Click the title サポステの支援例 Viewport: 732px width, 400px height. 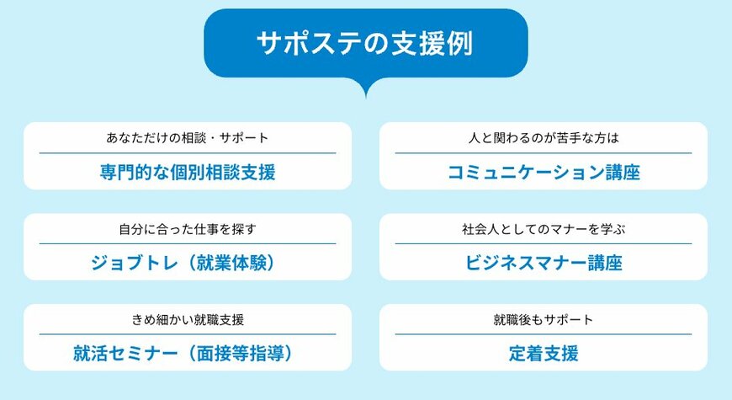tap(366, 43)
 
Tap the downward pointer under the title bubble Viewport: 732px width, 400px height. tap(366, 88)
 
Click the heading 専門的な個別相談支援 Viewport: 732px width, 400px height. tap(188, 173)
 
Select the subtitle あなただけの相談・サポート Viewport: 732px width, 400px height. tap(188, 136)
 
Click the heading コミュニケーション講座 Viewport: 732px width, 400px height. tap(544, 173)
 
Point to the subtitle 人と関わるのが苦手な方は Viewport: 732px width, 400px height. tap(544, 136)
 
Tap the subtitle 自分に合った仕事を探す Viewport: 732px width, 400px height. tap(188, 228)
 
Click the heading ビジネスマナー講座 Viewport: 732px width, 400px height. tap(544, 263)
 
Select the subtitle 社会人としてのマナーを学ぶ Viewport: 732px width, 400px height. tap(544, 228)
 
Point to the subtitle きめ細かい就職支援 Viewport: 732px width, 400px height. tap(188, 319)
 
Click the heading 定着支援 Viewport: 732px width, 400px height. tap(544, 354)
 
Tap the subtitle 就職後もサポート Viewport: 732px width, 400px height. tap(544, 319)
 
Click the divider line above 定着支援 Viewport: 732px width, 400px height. tap(544, 334)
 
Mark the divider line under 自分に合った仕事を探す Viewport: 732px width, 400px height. tap(188, 243)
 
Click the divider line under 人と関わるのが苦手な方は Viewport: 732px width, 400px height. tap(544, 152)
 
